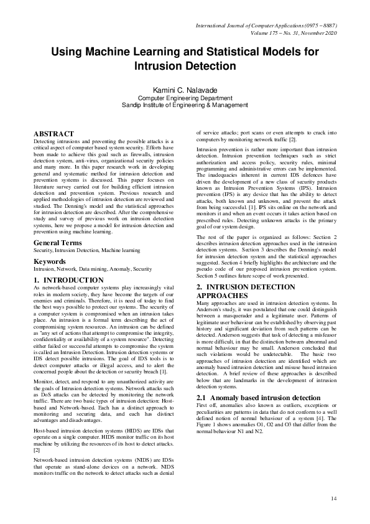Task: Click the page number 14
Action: (x=333, y=498)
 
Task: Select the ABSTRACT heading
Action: (x=53, y=134)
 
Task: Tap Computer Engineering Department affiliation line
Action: (x=185, y=98)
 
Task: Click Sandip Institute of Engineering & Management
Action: (x=185, y=106)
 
